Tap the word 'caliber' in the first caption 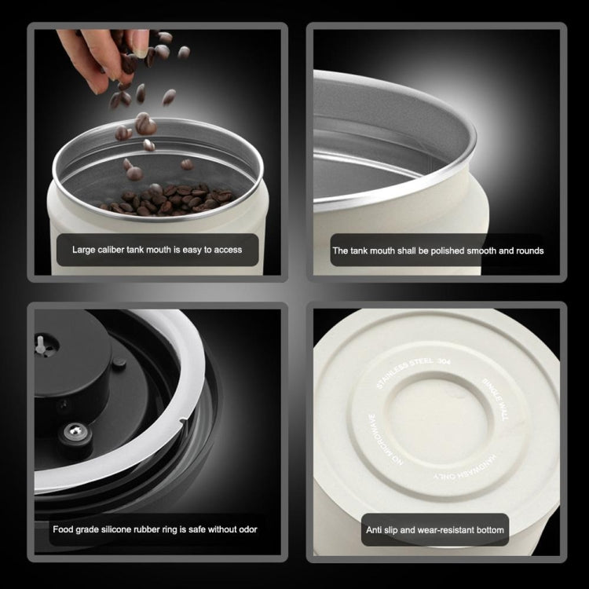point(114,250)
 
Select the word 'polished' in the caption point(453,251)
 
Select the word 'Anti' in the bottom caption point(375,530)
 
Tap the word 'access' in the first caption point(226,250)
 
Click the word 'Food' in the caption point(64,529)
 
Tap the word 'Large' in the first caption point(84,250)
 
